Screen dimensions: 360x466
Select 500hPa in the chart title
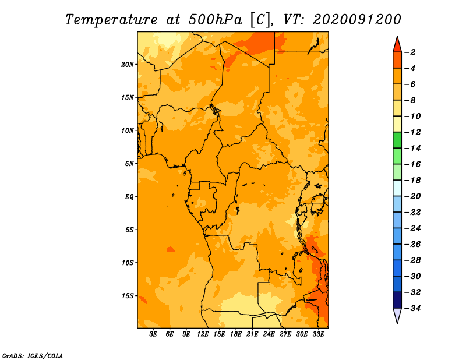click(x=213, y=19)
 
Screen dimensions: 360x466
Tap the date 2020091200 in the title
click(x=356, y=19)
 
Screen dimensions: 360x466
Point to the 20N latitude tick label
click(x=128, y=64)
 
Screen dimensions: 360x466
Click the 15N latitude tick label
click(x=128, y=97)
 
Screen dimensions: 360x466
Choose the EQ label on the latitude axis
click(x=129, y=197)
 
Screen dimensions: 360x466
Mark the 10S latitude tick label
click(x=128, y=263)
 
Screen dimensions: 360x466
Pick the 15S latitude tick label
click(x=128, y=296)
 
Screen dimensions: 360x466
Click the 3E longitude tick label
click(x=154, y=334)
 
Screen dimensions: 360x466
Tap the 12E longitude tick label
click(x=203, y=334)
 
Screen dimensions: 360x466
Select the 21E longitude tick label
click(x=252, y=334)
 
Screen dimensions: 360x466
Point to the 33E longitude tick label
click(x=318, y=334)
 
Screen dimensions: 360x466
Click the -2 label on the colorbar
click(x=411, y=52)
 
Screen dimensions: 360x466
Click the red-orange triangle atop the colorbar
click(x=397, y=44)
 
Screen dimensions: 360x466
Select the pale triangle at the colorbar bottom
click(x=397, y=315)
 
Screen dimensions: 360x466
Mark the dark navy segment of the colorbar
click(x=397, y=300)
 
